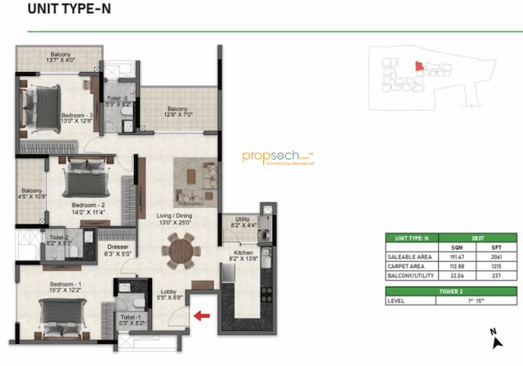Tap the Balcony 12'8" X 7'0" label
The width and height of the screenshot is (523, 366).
pyautogui.click(x=178, y=112)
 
